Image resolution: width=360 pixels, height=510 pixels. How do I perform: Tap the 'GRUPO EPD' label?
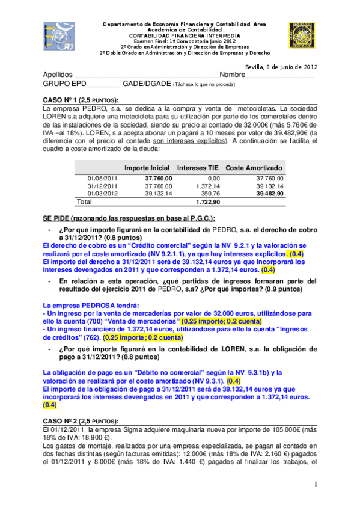click(x=64, y=84)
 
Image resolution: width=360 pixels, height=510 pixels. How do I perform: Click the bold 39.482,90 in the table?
click(x=270, y=194)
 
